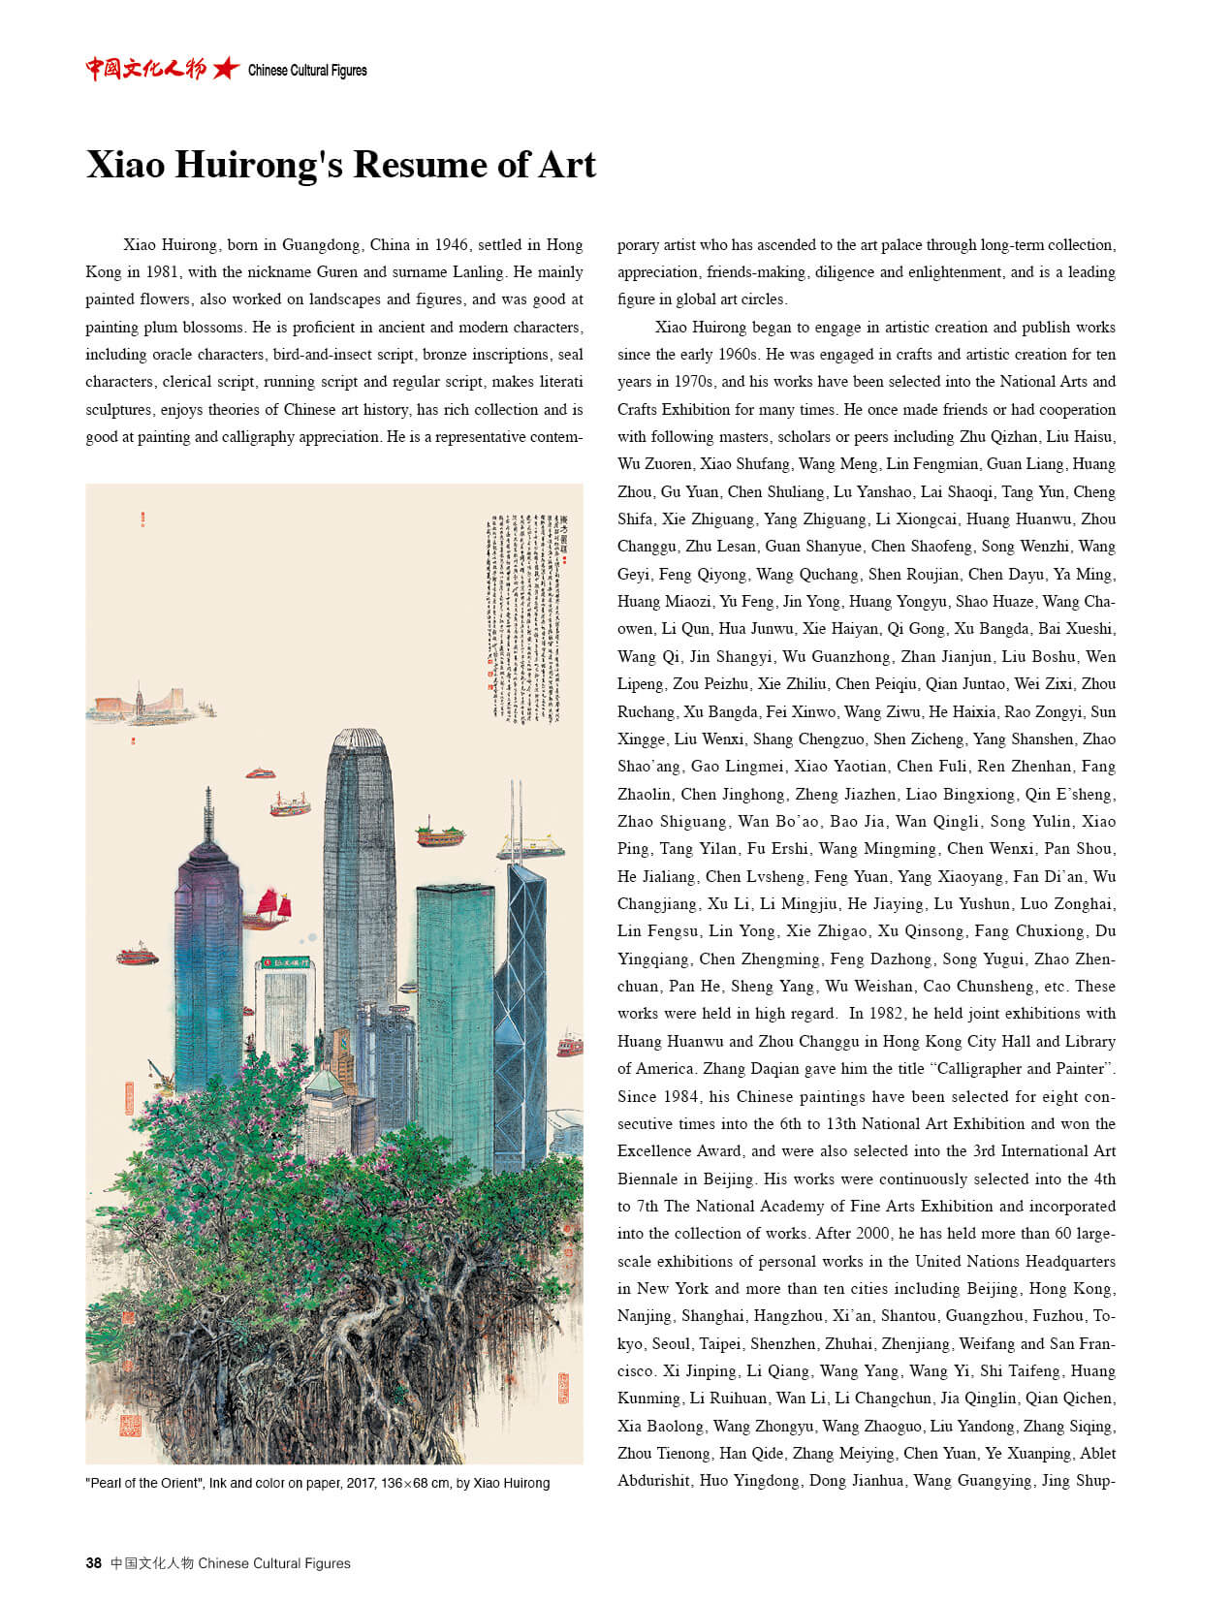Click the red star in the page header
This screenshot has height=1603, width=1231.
226,69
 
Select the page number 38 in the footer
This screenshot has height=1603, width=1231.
93,1562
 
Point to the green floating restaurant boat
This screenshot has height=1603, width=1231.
439,833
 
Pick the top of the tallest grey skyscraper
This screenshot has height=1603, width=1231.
359,741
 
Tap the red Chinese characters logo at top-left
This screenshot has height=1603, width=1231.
145,69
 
